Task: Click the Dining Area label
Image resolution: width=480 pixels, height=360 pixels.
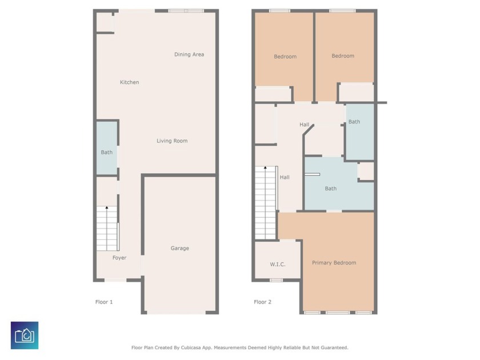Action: (189, 54)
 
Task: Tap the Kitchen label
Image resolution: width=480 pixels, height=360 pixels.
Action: (130, 82)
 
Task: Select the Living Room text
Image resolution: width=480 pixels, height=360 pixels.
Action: (172, 141)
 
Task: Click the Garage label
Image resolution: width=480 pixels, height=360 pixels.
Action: (179, 248)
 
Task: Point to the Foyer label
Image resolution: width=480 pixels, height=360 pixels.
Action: (119, 258)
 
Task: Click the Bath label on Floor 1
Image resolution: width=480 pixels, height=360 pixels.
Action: (107, 152)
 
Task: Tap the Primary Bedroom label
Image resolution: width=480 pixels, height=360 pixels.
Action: (334, 263)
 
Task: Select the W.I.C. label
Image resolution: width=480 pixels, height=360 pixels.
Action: (278, 264)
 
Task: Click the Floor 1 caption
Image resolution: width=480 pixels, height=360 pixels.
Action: (104, 302)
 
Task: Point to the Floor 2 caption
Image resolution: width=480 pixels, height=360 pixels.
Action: (263, 302)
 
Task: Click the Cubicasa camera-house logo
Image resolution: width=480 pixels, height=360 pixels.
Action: (25, 335)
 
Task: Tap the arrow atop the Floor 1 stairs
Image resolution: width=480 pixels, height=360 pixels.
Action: (107, 208)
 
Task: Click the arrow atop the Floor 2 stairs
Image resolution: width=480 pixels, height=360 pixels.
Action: (265, 168)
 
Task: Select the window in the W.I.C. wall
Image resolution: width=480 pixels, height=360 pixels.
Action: (277, 280)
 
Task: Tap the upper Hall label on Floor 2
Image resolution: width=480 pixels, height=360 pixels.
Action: (304, 125)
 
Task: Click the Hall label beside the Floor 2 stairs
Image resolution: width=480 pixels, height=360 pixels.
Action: (285, 177)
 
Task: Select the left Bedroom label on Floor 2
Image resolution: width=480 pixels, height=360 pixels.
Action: (285, 57)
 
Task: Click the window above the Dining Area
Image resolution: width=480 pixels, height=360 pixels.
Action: (186, 11)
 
